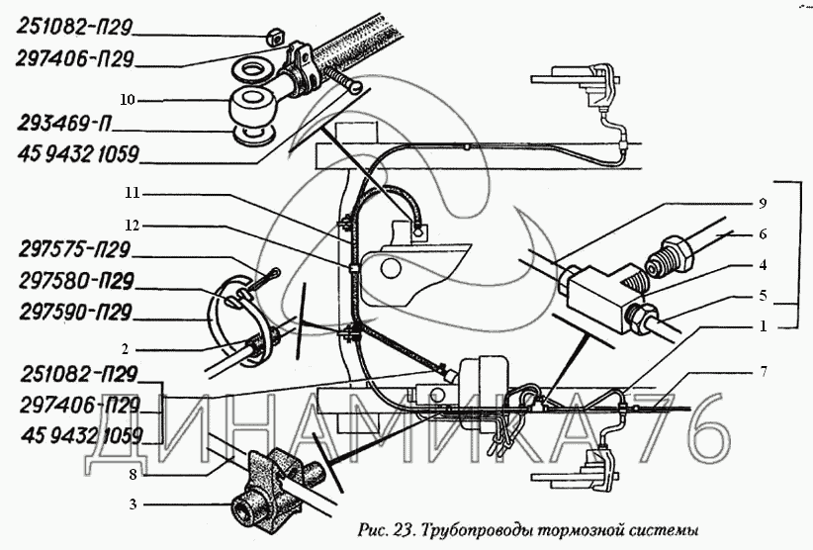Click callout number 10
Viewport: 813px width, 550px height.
[x=128, y=100]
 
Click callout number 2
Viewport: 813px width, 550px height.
[x=127, y=348]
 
